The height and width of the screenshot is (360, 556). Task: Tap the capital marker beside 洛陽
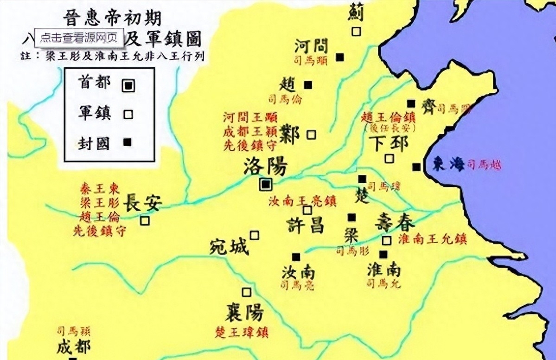pos(266,185)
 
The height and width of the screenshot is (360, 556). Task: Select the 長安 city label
pos(141,203)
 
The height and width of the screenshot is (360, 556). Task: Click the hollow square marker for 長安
pos(145,221)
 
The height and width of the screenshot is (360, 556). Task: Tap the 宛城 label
pos(229,247)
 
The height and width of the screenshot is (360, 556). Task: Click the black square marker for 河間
pos(340,57)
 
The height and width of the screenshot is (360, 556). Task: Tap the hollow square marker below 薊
pos(356,31)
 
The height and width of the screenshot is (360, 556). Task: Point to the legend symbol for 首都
pos(128,85)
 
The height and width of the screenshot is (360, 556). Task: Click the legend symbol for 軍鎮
pos(128,114)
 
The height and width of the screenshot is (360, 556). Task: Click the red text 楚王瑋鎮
pos(242,332)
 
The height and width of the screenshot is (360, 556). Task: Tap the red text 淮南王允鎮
pos(432,239)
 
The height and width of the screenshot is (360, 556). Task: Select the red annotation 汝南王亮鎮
pos(302,201)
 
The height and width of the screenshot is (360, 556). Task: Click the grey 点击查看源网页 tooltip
pos(79,38)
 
